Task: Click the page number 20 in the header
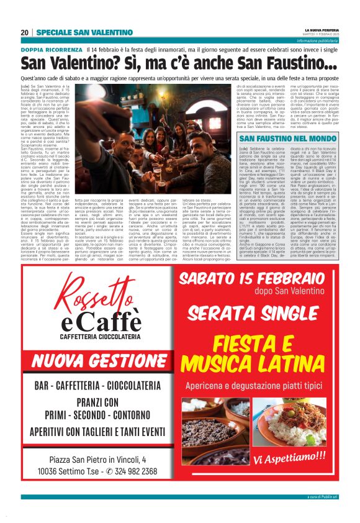click(x=24, y=32)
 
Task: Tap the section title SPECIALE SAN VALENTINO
click(x=84, y=32)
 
